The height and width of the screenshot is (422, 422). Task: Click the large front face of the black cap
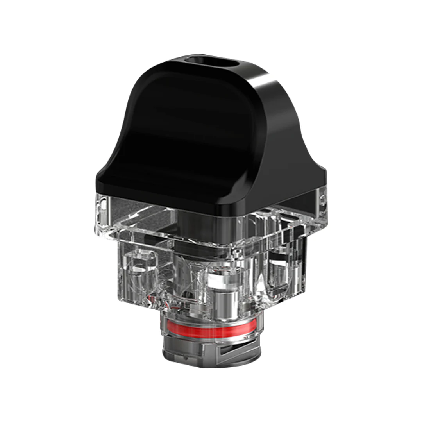pyautogui.click(x=176, y=137)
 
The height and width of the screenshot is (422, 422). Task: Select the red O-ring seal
pyautogui.click(x=211, y=331)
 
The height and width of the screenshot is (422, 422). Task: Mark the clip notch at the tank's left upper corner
pyautogui.click(x=102, y=203)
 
